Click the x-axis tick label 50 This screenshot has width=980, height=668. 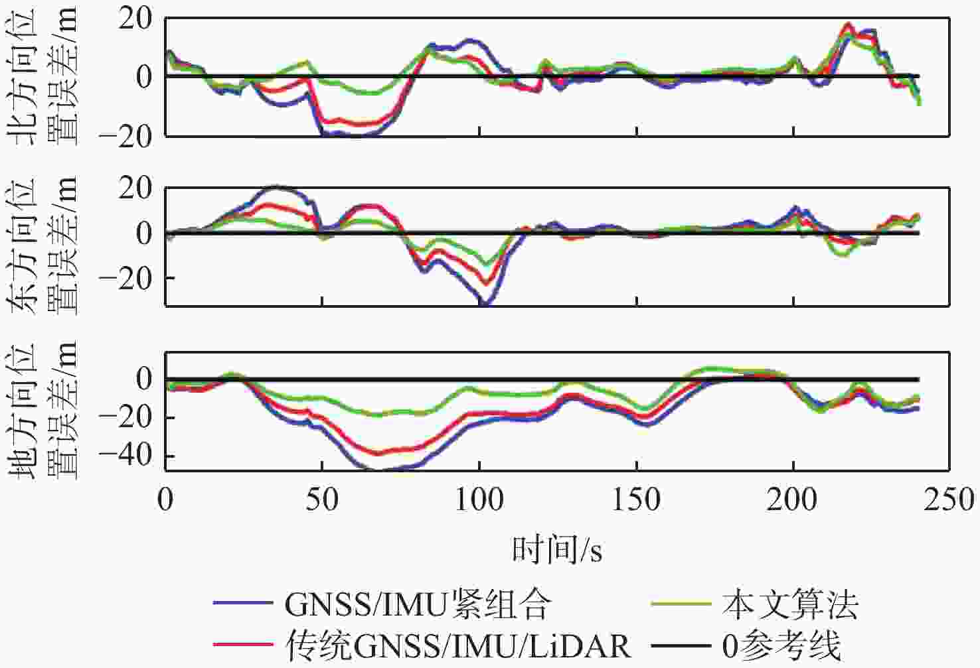pos(322,500)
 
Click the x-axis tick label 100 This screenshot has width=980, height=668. pos(479,500)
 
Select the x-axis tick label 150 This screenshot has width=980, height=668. pos(637,500)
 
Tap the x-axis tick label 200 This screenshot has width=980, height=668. pos(794,500)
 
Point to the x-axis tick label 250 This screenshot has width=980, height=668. pos(951,500)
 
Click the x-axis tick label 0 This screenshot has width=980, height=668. pos(165,500)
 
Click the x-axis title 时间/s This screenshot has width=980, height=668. pos(557,550)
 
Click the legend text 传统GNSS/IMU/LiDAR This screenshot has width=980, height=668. pos(457,645)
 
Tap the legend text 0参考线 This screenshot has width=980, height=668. pos(781,645)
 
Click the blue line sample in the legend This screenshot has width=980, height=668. pos(243,604)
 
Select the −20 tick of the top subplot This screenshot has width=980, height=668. pos(126,135)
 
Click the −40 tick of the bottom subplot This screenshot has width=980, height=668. pos(126,456)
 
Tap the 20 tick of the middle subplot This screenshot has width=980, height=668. pos(136,189)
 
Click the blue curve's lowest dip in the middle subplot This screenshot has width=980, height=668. pos(485,304)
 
